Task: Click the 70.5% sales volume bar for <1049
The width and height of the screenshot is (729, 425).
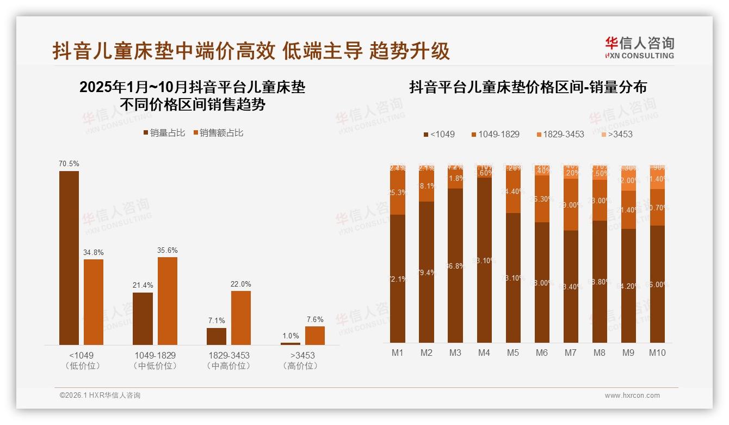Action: pyautogui.click(x=69, y=258)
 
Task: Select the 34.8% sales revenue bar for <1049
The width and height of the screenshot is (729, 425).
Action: pyautogui.click(x=94, y=302)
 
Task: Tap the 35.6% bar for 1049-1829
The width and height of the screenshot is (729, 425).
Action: pyautogui.click(x=168, y=301)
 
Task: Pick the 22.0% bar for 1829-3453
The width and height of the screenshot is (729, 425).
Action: pyautogui.click(x=241, y=318)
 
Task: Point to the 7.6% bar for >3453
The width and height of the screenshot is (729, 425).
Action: pyautogui.click(x=314, y=336)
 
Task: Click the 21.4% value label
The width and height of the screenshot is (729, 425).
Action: pyautogui.click(x=143, y=286)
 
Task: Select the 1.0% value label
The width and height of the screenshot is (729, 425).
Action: pyautogui.click(x=291, y=336)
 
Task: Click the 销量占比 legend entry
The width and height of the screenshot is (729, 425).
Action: pyautogui.click(x=164, y=133)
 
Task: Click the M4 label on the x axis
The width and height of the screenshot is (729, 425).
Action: pyautogui.click(x=484, y=353)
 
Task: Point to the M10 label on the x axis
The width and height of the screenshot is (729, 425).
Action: pyautogui.click(x=657, y=353)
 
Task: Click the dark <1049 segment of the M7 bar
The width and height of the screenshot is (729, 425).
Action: pyautogui.click(x=571, y=286)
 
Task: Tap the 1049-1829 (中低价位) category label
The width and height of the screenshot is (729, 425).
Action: pyautogui.click(x=155, y=360)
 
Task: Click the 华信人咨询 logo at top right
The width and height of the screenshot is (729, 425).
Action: pyautogui.click(x=639, y=48)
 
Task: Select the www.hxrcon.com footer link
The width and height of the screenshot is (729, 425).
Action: pyautogui.click(x=632, y=396)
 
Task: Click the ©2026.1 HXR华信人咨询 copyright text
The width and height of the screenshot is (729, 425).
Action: pyautogui.click(x=100, y=396)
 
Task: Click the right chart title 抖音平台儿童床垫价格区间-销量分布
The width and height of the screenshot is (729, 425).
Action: pyautogui.click(x=528, y=87)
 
